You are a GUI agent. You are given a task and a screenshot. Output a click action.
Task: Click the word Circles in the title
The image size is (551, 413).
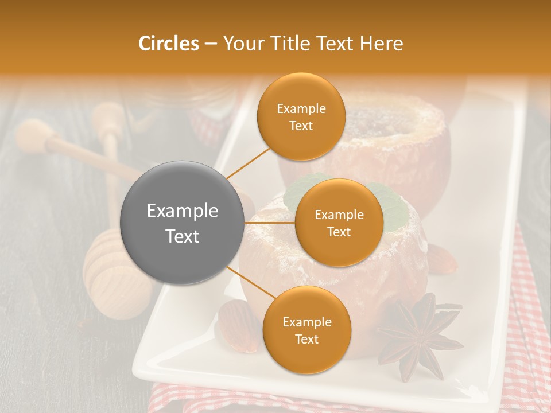pos(169,44)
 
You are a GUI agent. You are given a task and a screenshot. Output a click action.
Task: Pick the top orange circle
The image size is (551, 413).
pos(301,116)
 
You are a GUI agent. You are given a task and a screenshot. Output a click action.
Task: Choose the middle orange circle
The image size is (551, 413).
pos(339,223)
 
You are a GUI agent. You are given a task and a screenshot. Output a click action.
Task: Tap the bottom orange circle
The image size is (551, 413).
pos(306,330)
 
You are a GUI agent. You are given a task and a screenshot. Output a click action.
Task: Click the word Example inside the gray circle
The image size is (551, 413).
pos(183,211)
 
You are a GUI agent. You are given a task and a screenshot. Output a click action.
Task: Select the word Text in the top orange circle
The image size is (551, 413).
pos(301,126)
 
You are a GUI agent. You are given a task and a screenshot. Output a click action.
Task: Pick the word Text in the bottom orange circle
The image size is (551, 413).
pos(306,339)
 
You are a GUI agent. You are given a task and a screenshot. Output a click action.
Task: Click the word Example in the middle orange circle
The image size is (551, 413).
pos(339,215)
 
